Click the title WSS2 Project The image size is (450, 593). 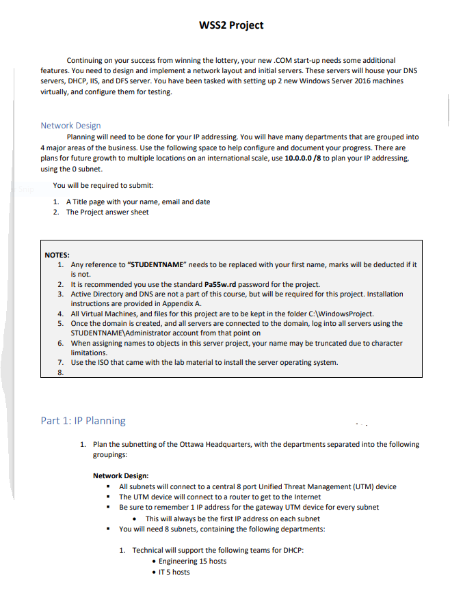(x=230, y=25)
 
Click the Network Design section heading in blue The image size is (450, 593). (x=70, y=125)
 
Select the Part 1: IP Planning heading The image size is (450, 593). (x=83, y=420)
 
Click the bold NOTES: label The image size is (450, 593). (x=57, y=254)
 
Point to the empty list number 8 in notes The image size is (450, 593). (x=60, y=372)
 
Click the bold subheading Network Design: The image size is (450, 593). (x=120, y=475)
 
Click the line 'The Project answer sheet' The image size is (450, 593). (x=107, y=212)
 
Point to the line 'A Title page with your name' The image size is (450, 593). (x=137, y=202)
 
